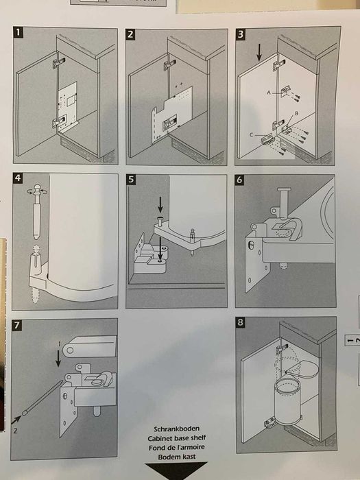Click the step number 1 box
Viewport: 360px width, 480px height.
pos(18,32)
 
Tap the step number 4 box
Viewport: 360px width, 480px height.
pos(17,178)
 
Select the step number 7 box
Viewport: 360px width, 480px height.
pos(16,325)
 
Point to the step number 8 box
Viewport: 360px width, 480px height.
pos(241,323)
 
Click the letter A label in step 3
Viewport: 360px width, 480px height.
pos(269,93)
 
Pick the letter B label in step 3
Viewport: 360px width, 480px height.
pos(296,113)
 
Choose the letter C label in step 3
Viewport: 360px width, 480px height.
pos(252,134)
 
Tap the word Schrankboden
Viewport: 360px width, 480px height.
pos(177,429)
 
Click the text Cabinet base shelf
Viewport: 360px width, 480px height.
pos(177,438)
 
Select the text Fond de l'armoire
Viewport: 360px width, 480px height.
pos(177,448)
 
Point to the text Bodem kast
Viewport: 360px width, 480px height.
pos(177,457)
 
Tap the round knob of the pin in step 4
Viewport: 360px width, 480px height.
pos(37,188)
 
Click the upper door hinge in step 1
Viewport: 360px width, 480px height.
pos(58,63)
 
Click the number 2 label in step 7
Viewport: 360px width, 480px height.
pos(14,431)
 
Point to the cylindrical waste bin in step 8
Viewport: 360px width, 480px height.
pos(289,400)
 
